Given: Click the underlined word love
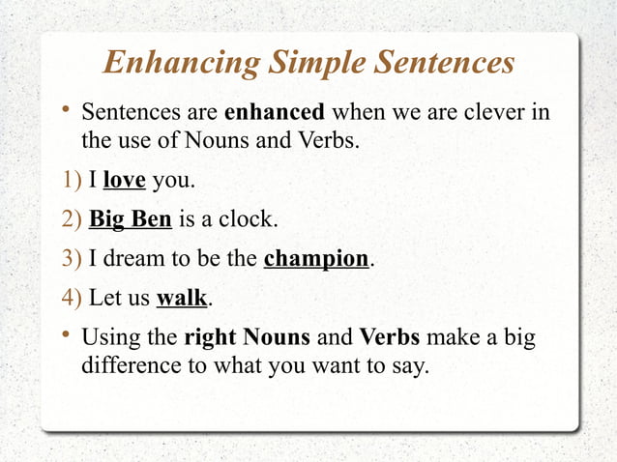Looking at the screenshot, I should tap(124, 181).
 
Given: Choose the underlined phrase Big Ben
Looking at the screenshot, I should tap(131, 219).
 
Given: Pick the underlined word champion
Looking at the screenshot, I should tap(316, 259).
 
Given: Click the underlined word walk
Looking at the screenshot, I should tap(182, 298).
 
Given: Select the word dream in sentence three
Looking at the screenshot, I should tap(132, 259).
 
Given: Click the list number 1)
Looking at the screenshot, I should tap(70, 181).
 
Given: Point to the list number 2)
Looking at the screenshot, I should tap(70, 219).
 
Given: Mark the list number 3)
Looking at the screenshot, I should tap(70, 259).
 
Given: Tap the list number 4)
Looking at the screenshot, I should tap(70, 298).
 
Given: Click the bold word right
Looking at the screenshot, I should tap(210, 339).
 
